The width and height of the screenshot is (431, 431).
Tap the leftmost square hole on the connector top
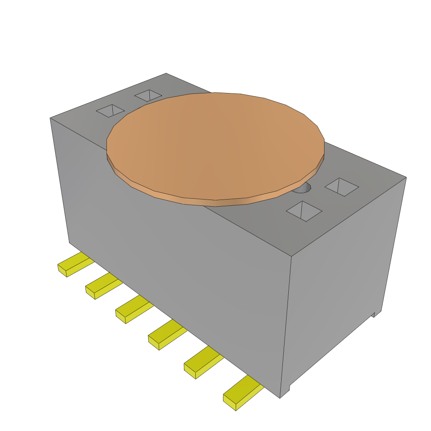click(x=111, y=111)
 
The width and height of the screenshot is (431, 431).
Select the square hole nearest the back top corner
click(x=148, y=96)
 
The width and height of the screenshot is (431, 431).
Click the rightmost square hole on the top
click(x=342, y=186)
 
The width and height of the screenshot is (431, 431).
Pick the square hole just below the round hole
click(x=304, y=210)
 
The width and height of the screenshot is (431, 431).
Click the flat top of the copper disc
click(x=215, y=143)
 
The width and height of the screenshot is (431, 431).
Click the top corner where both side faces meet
click(x=292, y=256)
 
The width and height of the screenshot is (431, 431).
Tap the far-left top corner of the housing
click(x=51, y=118)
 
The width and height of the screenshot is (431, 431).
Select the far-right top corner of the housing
click(x=406, y=178)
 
